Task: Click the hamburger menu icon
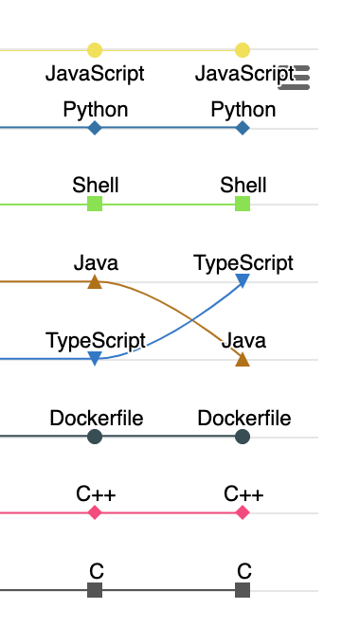pyautogui.click(x=295, y=77)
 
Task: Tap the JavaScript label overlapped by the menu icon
pyautogui.click(x=244, y=73)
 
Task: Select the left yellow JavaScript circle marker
pyautogui.click(x=94, y=50)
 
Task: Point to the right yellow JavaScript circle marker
pyautogui.click(x=243, y=50)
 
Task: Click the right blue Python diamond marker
pyautogui.click(x=243, y=128)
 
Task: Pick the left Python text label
pyautogui.click(x=95, y=109)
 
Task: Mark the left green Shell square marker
pyautogui.click(x=94, y=204)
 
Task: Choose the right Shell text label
pyautogui.click(x=243, y=185)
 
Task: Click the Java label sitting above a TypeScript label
pyautogui.click(x=95, y=262)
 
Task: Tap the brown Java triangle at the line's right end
pyautogui.click(x=243, y=359)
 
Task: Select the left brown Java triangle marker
pyautogui.click(x=94, y=281)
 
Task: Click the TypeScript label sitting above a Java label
pyautogui.click(x=243, y=262)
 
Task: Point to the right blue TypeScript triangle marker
pyautogui.click(x=243, y=280)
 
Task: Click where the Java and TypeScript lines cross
pyautogui.click(x=169, y=321)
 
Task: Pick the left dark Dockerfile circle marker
pyautogui.click(x=94, y=437)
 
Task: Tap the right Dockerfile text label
pyautogui.click(x=243, y=418)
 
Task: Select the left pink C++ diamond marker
pyautogui.click(x=94, y=512)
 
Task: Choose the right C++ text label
pyautogui.click(x=243, y=493)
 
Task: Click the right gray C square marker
pyautogui.click(x=243, y=590)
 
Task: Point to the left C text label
pyautogui.click(x=96, y=571)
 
